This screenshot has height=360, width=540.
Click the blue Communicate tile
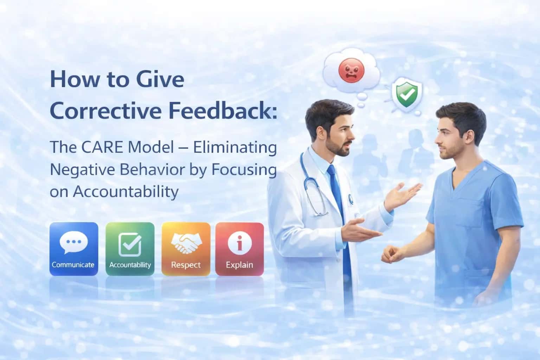(74, 249)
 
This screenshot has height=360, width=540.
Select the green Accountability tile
(130, 249)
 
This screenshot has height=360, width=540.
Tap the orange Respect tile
(186, 249)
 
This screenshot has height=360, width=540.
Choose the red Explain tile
(240, 249)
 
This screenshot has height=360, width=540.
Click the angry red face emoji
(352, 70)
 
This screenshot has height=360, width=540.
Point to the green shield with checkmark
(407, 94)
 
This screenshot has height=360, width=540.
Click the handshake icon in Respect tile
(186, 243)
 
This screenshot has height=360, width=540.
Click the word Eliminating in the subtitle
(235, 148)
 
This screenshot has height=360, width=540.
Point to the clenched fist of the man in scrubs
(392, 254)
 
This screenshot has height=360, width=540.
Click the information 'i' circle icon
(240, 243)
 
